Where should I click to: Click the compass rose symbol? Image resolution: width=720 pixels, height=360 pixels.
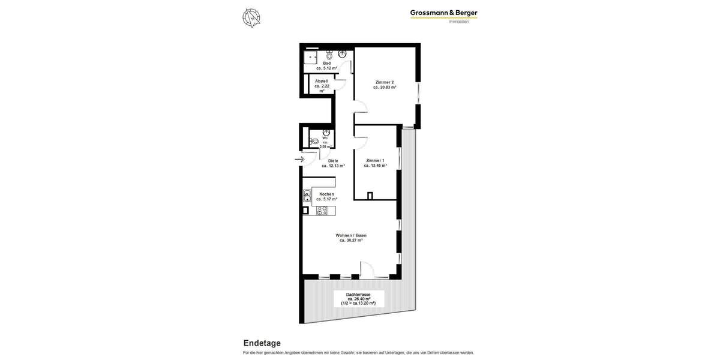(251, 17)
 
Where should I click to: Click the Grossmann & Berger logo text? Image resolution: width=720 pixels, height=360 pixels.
(443, 13)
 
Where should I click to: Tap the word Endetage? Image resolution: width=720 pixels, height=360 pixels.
(262, 343)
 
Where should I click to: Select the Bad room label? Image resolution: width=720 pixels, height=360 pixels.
(326, 63)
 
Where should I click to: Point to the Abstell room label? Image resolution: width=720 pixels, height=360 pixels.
(322, 81)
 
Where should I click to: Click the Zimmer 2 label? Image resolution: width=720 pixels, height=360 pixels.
(384, 82)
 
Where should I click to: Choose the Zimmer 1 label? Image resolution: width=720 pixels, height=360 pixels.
(375, 160)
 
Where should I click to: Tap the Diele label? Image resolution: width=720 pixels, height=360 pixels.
(333, 161)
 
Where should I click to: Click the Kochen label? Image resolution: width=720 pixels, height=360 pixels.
(326, 194)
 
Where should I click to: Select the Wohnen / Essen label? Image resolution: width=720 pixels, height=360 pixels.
(351, 235)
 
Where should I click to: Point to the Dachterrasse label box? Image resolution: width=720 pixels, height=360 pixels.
(358, 299)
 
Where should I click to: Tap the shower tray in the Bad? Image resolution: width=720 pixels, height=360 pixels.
(311, 57)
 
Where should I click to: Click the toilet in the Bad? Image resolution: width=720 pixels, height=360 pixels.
(329, 55)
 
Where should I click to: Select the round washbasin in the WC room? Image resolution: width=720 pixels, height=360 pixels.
(326, 133)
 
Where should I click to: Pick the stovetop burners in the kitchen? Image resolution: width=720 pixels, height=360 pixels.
(322, 210)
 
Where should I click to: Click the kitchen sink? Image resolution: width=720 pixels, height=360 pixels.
(307, 195)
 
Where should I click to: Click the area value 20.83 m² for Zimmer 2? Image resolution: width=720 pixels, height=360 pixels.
(385, 88)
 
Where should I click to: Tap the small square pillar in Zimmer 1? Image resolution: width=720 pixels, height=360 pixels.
(370, 195)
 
